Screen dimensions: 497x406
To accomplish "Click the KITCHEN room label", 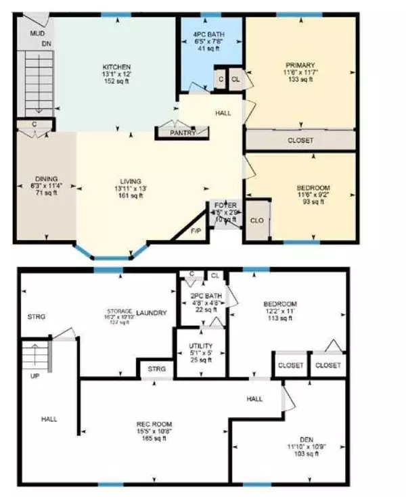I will pyautogui.click(x=116, y=67).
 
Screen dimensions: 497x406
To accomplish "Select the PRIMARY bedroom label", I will pyautogui.click(x=300, y=66).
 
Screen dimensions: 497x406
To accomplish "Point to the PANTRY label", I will pyautogui.click(x=183, y=133).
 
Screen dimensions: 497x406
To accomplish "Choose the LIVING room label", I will pyautogui.click(x=131, y=181).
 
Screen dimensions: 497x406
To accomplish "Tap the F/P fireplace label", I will pyautogui.click(x=196, y=231).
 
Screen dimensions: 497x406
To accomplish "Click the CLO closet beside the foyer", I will pyautogui.click(x=256, y=220).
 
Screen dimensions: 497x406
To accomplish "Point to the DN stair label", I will pyautogui.click(x=46, y=44).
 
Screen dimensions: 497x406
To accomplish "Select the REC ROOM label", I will pyautogui.click(x=152, y=424).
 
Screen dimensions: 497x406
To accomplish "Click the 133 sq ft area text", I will pyautogui.click(x=300, y=80).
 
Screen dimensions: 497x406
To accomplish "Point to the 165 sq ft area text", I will pyautogui.click(x=152, y=438).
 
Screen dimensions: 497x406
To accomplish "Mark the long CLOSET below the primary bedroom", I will pyautogui.click(x=300, y=141).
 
